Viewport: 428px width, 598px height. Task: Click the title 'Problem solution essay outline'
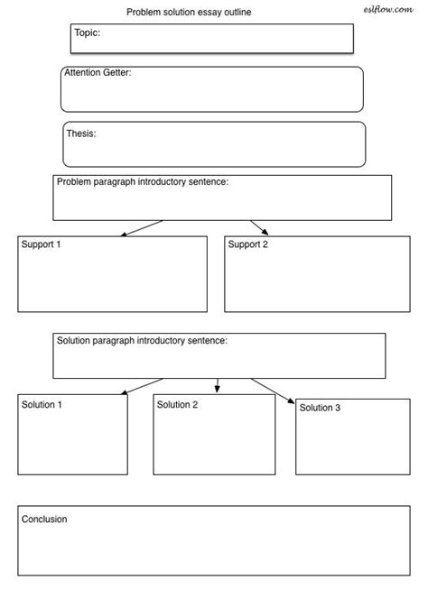click(189, 12)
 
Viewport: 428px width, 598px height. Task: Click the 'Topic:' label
click(87, 32)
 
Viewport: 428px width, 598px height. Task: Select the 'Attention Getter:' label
click(98, 72)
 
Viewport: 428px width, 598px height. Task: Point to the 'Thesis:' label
click(81, 133)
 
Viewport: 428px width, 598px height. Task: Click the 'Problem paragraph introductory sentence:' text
click(142, 182)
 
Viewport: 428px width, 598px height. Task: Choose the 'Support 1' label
click(42, 244)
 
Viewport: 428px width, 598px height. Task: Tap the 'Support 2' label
click(248, 244)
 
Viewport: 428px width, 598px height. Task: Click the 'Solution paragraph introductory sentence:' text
click(142, 341)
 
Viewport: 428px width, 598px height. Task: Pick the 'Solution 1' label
click(42, 405)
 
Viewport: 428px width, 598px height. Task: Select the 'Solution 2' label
click(177, 405)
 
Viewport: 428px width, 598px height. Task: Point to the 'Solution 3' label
click(320, 408)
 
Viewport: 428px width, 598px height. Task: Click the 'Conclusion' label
click(44, 520)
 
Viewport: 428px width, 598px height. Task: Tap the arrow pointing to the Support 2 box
click(259, 227)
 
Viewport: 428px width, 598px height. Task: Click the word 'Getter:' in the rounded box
click(116, 72)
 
